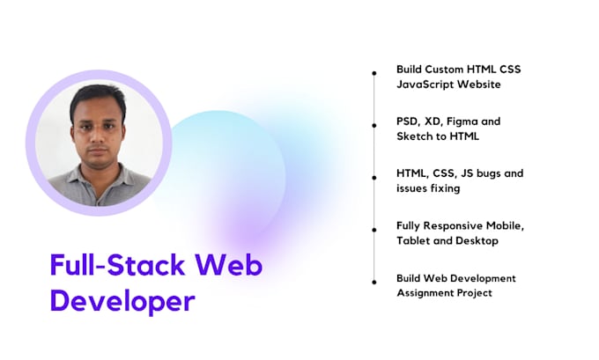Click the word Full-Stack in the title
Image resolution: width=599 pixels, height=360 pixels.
[116, 265]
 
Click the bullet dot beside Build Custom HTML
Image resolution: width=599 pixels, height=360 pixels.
[374, 73]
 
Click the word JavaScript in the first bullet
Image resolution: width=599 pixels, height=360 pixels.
[424, 84]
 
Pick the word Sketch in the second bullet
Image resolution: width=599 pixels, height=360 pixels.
[416, 136]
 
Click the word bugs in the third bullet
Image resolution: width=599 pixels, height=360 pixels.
[486, 173]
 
